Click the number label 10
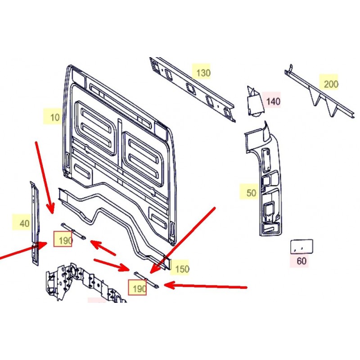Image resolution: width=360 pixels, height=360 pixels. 54,117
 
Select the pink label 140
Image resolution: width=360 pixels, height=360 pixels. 273,101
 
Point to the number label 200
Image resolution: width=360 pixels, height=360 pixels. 331,84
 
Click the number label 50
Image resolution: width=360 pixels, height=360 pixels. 251,193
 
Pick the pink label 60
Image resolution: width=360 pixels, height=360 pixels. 301,261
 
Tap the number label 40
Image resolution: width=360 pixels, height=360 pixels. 25,223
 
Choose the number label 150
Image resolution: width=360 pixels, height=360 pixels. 181,269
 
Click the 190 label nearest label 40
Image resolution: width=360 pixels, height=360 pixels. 63,240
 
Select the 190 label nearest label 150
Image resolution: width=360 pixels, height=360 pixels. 138,288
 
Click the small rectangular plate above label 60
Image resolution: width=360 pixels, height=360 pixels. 301,246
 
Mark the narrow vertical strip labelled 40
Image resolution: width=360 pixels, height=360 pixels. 34,220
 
